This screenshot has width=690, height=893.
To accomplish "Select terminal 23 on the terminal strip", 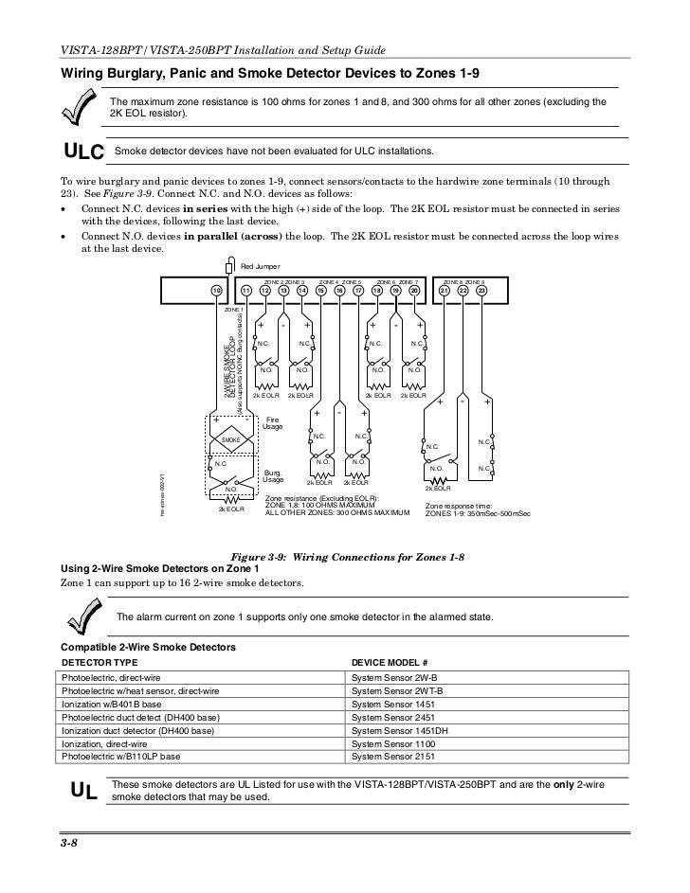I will point(481,290).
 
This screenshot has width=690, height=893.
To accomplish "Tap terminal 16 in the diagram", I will point(339,290).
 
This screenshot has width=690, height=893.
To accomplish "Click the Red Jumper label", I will point(256,268).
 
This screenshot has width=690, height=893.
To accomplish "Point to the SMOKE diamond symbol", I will point(230,440).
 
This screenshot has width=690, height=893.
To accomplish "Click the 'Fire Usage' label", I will point(273,423).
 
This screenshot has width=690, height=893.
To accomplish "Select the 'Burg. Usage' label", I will point(273,475).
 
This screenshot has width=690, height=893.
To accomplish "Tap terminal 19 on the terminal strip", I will point(396,290).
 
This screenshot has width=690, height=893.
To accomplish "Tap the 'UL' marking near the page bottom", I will point(83,791).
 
